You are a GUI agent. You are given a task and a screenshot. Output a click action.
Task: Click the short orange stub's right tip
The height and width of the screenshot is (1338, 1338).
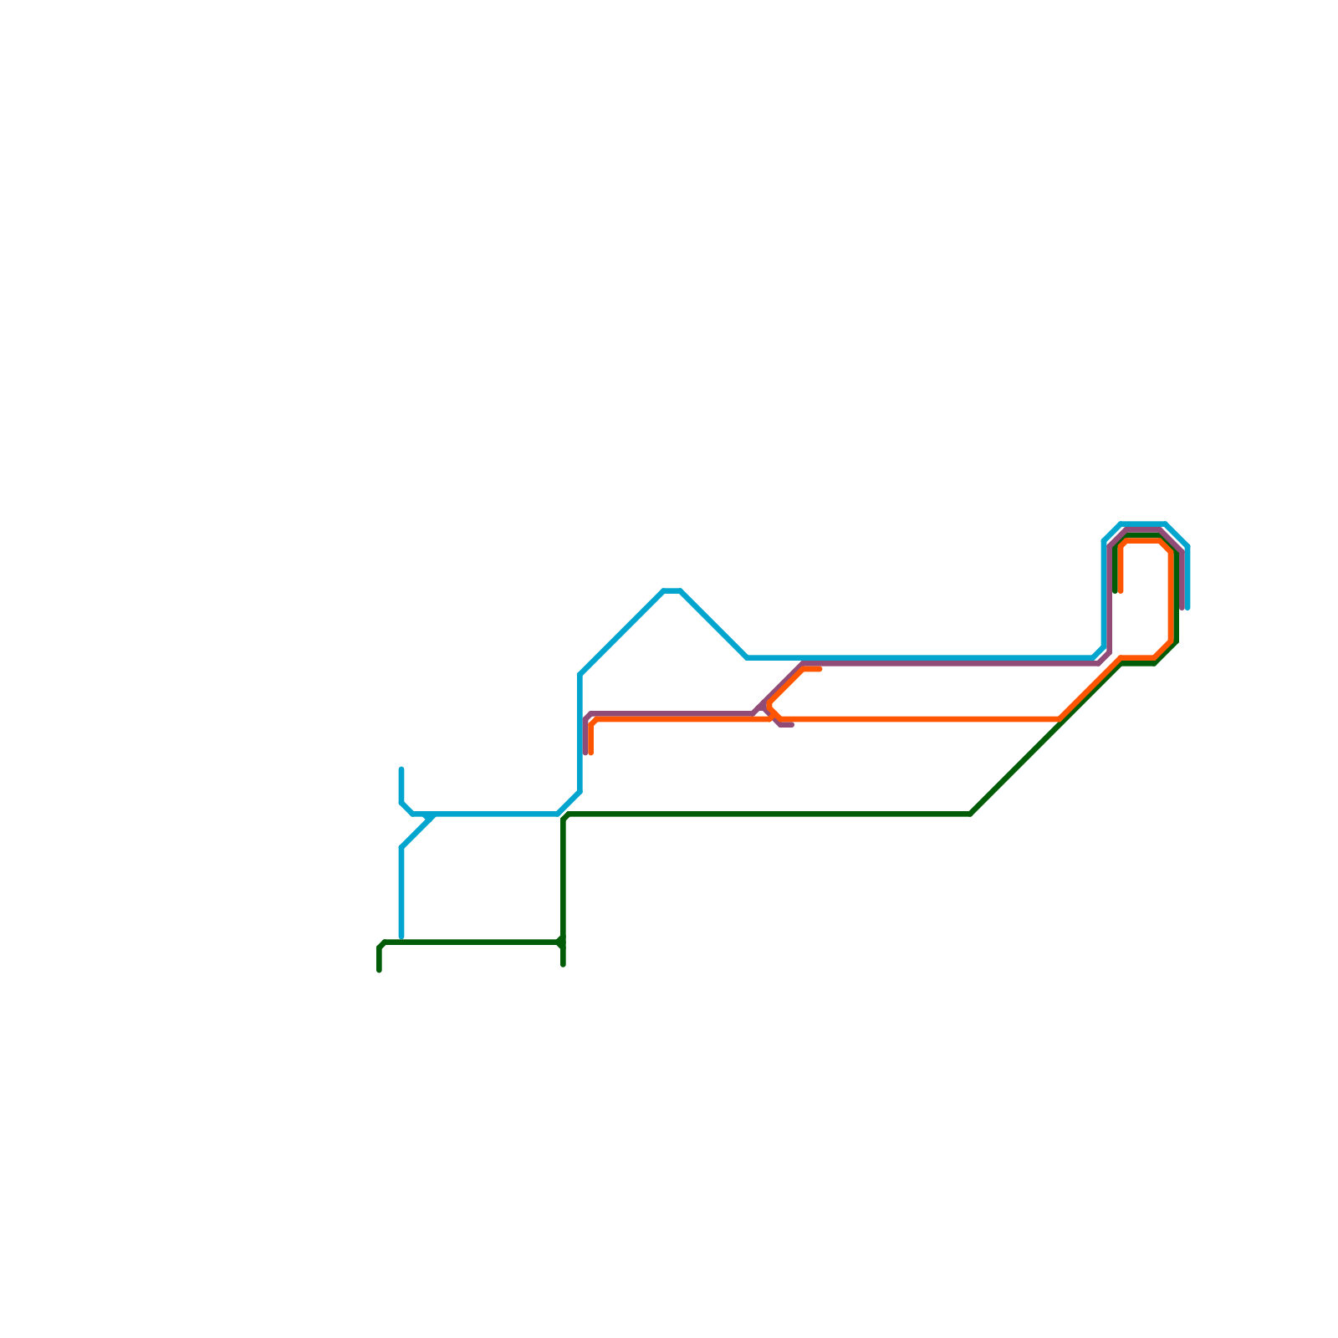(820, 669)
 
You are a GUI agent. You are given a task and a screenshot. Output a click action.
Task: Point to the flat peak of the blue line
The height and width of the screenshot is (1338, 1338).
(672, 591)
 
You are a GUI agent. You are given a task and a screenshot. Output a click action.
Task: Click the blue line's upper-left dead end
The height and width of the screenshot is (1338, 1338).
(401, 769)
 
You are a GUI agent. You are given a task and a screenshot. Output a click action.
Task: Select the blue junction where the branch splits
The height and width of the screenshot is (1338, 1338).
(432, 815)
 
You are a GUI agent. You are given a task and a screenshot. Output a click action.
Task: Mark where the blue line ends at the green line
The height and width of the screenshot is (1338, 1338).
(401, 938)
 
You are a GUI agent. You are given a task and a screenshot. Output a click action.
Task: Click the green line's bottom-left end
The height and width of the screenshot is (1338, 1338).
(380, 970)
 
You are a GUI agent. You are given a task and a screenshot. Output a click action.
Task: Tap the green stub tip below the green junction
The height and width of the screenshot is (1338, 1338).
(564, 964)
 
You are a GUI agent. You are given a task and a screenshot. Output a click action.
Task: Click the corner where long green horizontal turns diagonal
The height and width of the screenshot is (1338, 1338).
(970, 814)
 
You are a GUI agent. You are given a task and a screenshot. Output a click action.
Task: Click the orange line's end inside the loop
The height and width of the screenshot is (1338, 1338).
(1121, 590)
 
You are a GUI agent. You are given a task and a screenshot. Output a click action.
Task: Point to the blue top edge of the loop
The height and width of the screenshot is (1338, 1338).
(1143, 524)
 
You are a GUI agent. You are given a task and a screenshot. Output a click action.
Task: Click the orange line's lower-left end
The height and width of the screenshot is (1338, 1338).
(591, 753)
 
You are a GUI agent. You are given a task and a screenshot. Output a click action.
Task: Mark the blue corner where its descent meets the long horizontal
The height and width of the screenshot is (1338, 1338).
(748, 657)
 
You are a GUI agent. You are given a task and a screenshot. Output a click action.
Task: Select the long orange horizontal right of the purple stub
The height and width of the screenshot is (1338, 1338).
(920, 719)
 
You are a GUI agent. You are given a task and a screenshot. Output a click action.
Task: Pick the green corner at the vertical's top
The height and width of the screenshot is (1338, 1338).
(565, 816)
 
